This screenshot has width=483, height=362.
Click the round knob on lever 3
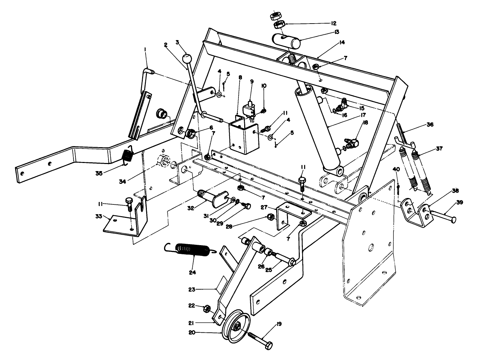[x=186, y=59]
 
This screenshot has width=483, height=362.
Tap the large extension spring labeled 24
[x=190, y=249]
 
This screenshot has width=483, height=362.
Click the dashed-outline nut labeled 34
[x=164, y=162]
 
